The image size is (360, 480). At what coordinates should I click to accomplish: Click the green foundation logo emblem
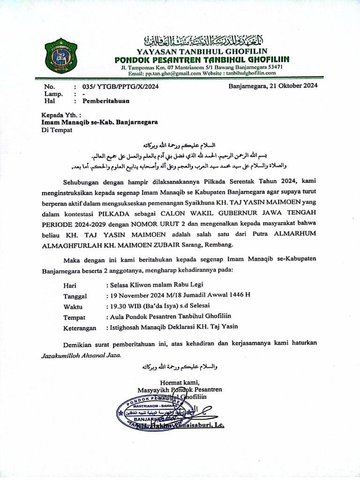click(x=61, y=58)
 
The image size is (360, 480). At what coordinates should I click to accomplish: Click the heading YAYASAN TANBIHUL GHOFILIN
click(x=202, y=51)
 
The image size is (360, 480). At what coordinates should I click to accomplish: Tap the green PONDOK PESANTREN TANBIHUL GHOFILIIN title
click(x=202, y=60)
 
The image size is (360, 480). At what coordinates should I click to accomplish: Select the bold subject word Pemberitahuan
click(x=106, y=101)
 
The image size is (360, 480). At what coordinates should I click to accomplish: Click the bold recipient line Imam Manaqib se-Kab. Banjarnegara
click(x=99, y=121)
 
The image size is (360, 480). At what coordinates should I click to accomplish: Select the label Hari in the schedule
click(x=70, y=285)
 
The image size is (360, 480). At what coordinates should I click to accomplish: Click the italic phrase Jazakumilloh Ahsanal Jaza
click(x=81, y=355)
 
